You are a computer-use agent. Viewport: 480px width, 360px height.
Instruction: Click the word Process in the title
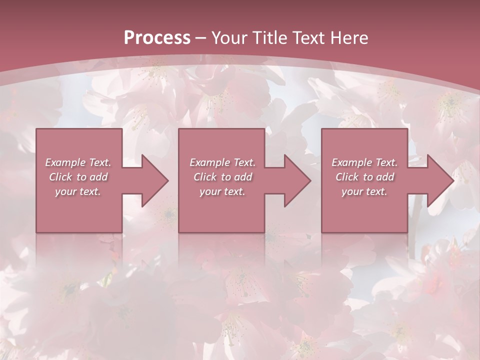(157, 38)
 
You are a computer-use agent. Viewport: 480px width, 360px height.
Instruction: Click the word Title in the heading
(270, 38)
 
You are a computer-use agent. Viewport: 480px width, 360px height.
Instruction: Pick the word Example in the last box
(350, 162)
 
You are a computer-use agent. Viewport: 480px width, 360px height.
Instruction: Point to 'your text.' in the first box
(78, 191)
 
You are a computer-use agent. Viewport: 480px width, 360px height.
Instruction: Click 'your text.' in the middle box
(222, 191)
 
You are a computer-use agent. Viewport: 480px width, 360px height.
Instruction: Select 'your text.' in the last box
(364, 191)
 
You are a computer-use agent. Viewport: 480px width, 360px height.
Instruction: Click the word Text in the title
(310, 38)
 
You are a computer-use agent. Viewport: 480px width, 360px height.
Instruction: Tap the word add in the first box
(98, 177)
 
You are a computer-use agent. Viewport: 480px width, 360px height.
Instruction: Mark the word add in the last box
(385, 177)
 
